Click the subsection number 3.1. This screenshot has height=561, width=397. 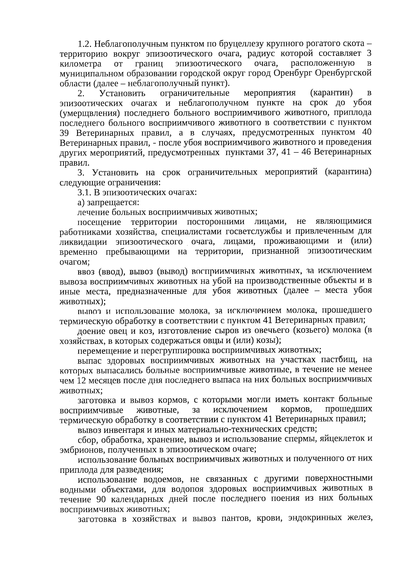83,192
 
